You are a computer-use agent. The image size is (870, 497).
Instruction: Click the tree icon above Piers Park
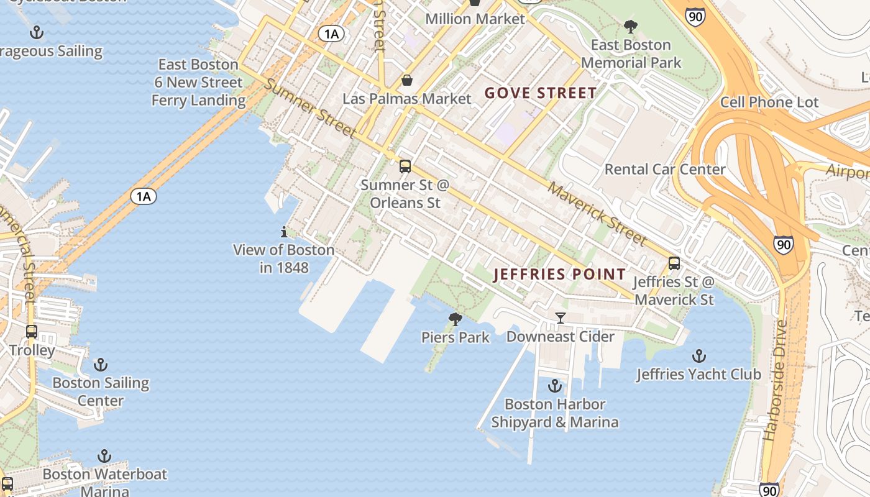click(x=456, y=319)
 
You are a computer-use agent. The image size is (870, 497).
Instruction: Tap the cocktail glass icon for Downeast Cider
click(x=560, y=318)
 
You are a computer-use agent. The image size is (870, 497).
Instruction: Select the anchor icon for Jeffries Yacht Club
click(x=699, y=356)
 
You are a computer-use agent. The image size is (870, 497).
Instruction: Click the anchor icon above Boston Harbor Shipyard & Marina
click(x=554, y=386)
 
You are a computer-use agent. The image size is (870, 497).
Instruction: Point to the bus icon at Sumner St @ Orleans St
click(x=405, y=166)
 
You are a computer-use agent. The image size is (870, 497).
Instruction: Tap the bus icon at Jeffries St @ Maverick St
click(x=674, y=263)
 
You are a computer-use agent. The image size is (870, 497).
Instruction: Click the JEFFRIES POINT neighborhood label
click(x=559, y=274)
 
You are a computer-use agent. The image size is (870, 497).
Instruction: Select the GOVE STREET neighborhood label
click(x=541, y=93)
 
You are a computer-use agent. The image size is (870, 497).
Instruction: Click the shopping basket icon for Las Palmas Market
click(x=406, y=80)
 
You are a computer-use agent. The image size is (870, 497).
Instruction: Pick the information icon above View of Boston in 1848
click(x=284, y=232)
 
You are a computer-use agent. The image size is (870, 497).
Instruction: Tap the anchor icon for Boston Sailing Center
click(x=100, y=364)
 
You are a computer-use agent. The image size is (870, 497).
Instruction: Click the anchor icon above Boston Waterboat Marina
click(x=104, y=457)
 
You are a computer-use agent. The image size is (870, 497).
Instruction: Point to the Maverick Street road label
click(x=597, y=213)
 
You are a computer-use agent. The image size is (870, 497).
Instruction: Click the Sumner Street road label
click(x=310, y=108)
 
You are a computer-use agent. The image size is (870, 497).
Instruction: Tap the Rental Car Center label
click(x=665, y=169)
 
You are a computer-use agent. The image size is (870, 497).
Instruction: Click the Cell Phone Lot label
click(x=769, y=102)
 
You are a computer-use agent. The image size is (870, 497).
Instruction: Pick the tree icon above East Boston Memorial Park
click(x=631, y=27)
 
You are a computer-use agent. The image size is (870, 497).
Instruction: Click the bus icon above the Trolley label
click(x=32, y=332)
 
